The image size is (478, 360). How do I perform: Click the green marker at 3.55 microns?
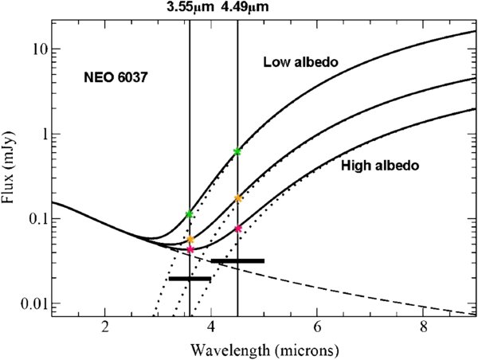[189, 214]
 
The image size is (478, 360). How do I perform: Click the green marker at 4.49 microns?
[237, 151]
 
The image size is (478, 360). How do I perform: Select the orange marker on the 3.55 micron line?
[190, 239]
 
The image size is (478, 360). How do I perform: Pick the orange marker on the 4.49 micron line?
[238, 198]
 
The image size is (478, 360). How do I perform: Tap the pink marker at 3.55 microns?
[190, 249]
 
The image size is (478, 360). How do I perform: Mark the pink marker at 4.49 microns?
[238, 229]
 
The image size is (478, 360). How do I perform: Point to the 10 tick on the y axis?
[37, 49]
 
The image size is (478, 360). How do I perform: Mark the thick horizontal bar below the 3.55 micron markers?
[190, 278]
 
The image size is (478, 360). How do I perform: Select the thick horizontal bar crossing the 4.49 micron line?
[237, 260]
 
